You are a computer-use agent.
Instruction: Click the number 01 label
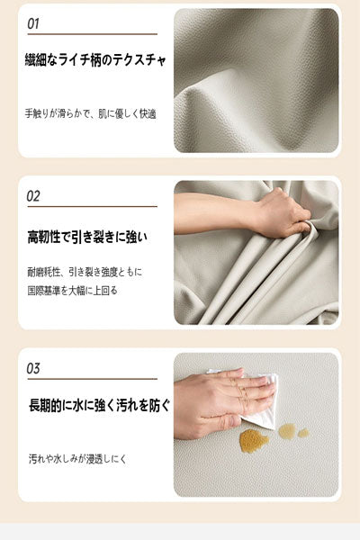(x=33, y=23)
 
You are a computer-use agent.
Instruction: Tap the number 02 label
(x=33, y=195)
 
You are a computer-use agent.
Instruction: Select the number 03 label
(x=33, y=368)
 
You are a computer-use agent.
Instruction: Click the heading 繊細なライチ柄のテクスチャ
(x=96, y=61)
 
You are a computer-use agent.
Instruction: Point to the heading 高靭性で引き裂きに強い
(x=87, y=237)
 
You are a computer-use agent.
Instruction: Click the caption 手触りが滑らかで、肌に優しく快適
(x=91, y=114)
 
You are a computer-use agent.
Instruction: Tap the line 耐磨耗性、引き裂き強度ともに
(x=85, y=271)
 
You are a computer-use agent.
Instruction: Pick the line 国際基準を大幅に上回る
(x=73, y=291)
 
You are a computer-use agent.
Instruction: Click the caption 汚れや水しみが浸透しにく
(x=77, y=459)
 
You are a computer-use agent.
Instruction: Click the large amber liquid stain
(x=253, y=440)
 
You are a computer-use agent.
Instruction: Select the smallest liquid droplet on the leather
(x=303, y=433)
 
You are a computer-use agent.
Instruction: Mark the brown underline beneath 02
(x=91, y=207)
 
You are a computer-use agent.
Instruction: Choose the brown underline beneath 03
(x=91, y=380)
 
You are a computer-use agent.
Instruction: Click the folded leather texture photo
(x=256, y=80)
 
